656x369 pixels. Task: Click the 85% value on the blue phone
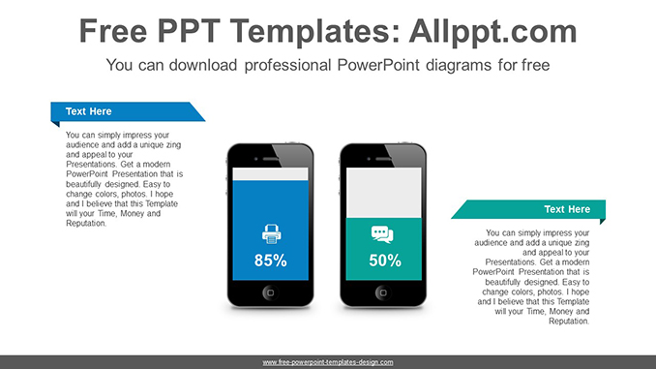271,260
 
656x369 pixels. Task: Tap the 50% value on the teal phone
385,260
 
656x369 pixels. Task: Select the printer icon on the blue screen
271,233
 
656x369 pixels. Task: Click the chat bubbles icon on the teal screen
383,233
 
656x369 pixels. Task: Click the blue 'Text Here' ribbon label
88,111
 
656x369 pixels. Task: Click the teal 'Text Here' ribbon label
566,209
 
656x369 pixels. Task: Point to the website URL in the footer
328,362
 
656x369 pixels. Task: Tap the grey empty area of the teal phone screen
384,192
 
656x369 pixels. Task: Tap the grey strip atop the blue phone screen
271,172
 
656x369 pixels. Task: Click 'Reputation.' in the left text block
85,224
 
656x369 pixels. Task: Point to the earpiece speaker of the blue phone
271,155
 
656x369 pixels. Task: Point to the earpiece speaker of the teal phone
384,155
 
